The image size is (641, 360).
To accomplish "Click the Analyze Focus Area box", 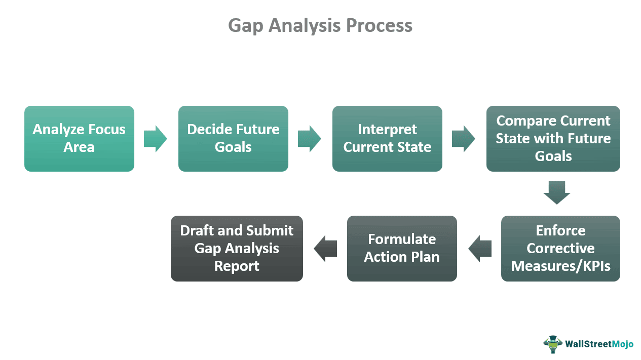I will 79,138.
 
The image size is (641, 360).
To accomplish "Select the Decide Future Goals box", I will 233,138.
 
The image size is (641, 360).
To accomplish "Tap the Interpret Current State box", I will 387,138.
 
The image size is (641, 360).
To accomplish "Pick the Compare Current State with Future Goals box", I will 553,138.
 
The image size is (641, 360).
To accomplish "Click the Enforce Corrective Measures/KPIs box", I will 560,248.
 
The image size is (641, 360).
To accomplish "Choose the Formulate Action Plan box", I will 402,248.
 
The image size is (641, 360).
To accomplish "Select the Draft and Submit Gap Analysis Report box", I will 237,248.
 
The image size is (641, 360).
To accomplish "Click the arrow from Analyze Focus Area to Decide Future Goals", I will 155,138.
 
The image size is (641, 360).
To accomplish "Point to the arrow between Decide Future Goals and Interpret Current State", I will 309,138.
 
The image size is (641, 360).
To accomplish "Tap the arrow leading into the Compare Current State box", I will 463,138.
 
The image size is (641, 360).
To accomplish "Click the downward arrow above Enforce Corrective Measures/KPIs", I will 557,192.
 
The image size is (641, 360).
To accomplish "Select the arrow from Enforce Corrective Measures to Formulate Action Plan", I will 479,248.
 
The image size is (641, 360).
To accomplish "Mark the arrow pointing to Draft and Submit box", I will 325,248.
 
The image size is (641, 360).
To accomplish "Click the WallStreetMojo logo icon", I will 553,344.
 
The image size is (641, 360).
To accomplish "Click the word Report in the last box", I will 237,266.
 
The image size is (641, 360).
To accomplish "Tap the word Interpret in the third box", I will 387,130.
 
